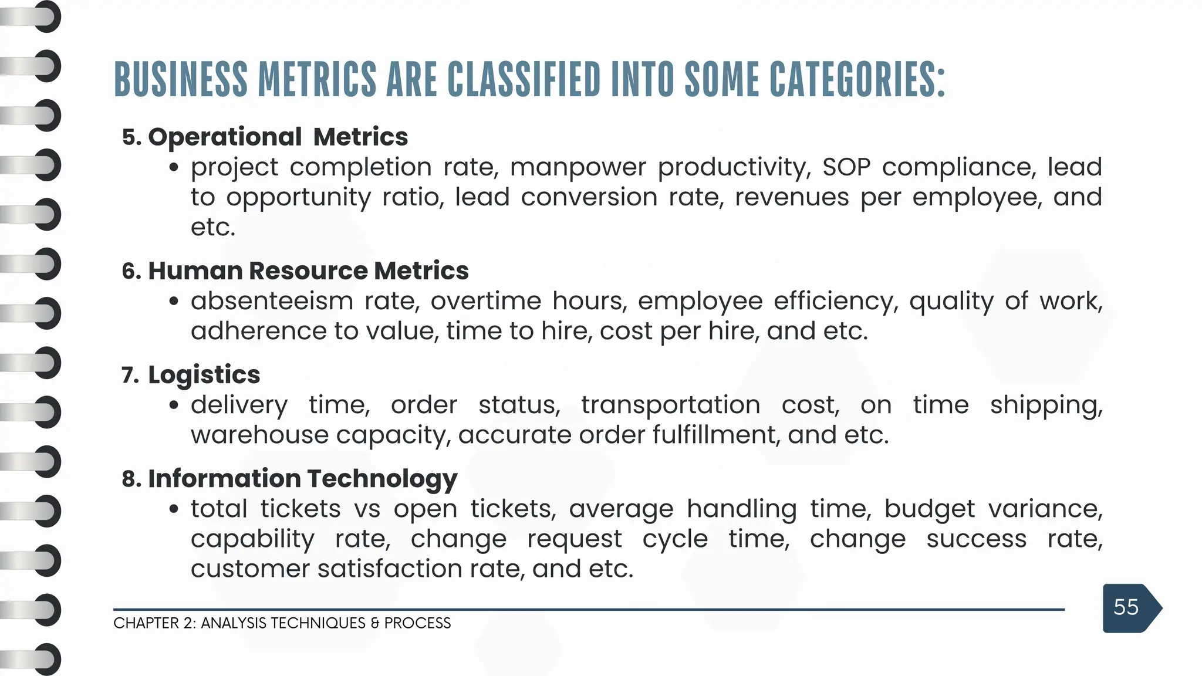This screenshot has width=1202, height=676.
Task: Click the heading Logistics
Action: [x=204, y=374]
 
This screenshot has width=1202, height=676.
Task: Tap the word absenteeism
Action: [x=271, y=301]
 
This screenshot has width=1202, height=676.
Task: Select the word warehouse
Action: [x=259, y=435]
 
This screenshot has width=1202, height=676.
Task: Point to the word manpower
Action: [x=578, y=167]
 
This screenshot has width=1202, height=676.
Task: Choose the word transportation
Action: [x=670, y=405]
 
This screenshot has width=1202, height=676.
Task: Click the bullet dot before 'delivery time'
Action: [x=173, y=405]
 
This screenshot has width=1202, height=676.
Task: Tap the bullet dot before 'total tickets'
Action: [x=173, y=509]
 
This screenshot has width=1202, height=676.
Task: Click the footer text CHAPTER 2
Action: [x=154, y=623]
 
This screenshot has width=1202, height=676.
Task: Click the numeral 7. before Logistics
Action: [x=130, y=375]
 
